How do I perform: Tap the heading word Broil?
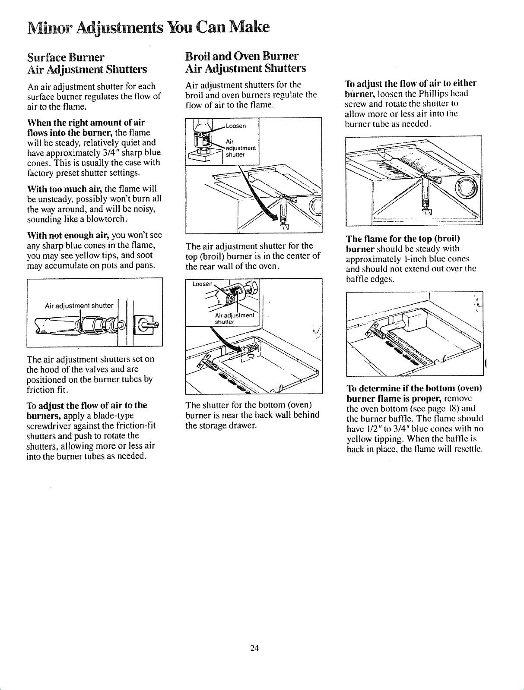click(198, 56)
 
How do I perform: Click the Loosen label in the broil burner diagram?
click(236, 126)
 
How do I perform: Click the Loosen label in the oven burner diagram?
click(202, 284)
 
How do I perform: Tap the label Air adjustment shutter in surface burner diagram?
click(79, 306)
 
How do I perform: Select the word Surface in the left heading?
click(47, 57)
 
